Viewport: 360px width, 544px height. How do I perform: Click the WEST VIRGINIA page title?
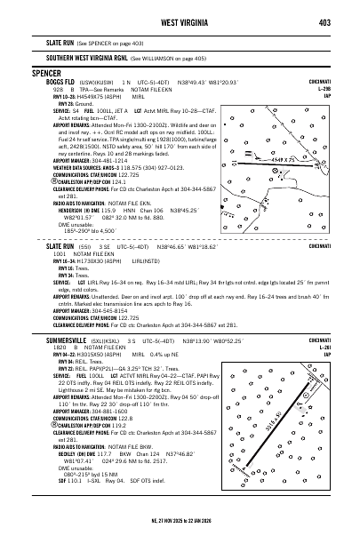180,22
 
